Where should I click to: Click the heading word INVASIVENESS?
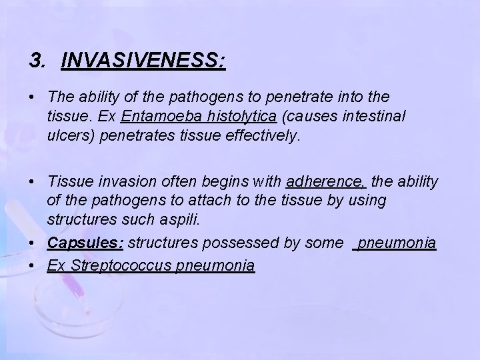click(x=143, y=62)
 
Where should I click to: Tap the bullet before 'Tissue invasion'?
click(x=32, y=182)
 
